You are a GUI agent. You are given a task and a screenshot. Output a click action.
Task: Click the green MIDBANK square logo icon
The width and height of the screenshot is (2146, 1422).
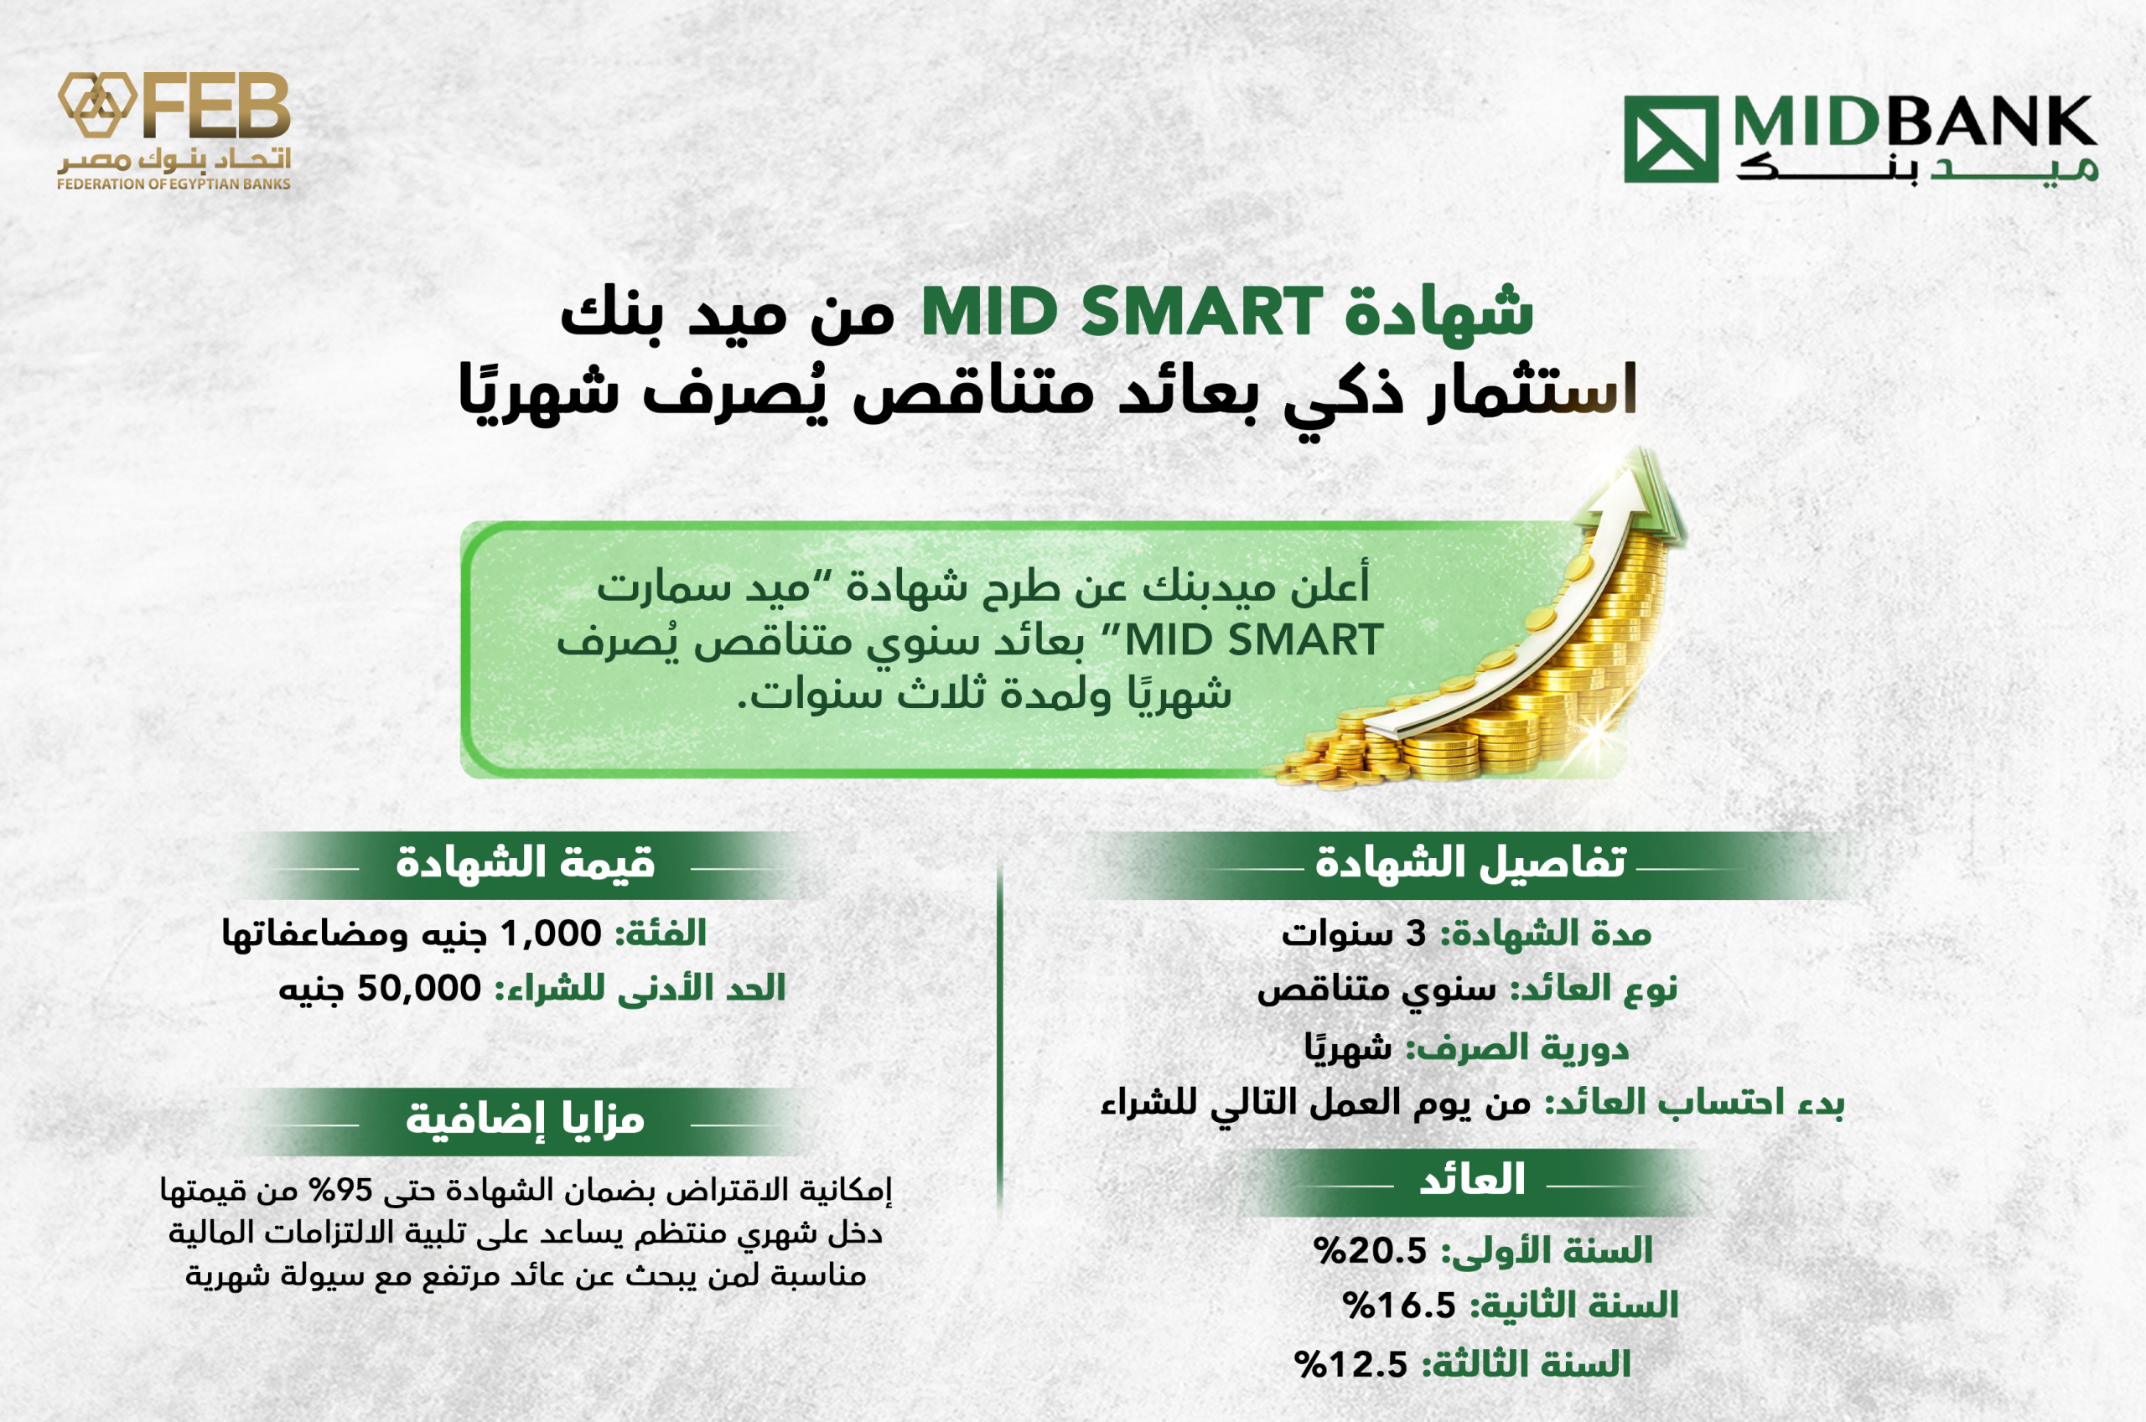[x=1671, y=139]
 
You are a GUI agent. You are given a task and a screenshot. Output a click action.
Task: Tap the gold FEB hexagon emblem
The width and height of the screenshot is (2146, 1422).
[x=97, y=104]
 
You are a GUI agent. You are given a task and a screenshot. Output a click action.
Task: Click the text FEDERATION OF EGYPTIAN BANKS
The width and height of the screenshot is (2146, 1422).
[x=174, y=184]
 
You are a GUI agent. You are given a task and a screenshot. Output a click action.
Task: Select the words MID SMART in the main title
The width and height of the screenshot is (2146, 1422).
[x=1122, y=311]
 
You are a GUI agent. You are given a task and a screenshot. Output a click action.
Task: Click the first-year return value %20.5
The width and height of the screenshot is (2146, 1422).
[x=1371, y=1250]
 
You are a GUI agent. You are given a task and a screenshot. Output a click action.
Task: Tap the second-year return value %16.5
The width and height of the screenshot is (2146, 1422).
[x=1398, y=1305]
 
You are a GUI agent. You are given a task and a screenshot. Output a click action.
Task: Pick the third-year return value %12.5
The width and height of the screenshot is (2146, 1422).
[x=1350, y=1364]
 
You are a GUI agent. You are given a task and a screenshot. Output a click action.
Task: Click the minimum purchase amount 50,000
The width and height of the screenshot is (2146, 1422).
[x=419, y=988]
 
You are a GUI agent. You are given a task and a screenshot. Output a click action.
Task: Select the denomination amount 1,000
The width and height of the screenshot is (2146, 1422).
[x=551, y=933]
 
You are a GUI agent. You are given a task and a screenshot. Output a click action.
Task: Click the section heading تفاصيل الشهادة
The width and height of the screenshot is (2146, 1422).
[x=1470, y=861]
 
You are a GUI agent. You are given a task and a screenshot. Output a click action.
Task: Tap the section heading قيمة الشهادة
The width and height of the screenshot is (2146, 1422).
[x=525, y=861]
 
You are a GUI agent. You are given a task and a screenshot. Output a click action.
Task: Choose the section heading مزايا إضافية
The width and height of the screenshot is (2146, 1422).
[x=525, y=1120]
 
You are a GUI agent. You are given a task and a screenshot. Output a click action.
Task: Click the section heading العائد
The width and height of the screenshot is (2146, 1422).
[x=1471, y=1179]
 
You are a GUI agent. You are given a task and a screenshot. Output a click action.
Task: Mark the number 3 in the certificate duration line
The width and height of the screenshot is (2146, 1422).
[x=1415, y=934]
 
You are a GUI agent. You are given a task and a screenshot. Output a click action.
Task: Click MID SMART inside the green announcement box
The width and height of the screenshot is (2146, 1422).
[x=1253, y=640]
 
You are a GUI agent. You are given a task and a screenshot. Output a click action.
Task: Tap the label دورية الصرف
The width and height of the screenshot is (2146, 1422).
[x=1516, y=1047]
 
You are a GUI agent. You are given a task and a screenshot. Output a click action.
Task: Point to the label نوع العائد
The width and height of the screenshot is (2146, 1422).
[x=1593, y=988]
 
